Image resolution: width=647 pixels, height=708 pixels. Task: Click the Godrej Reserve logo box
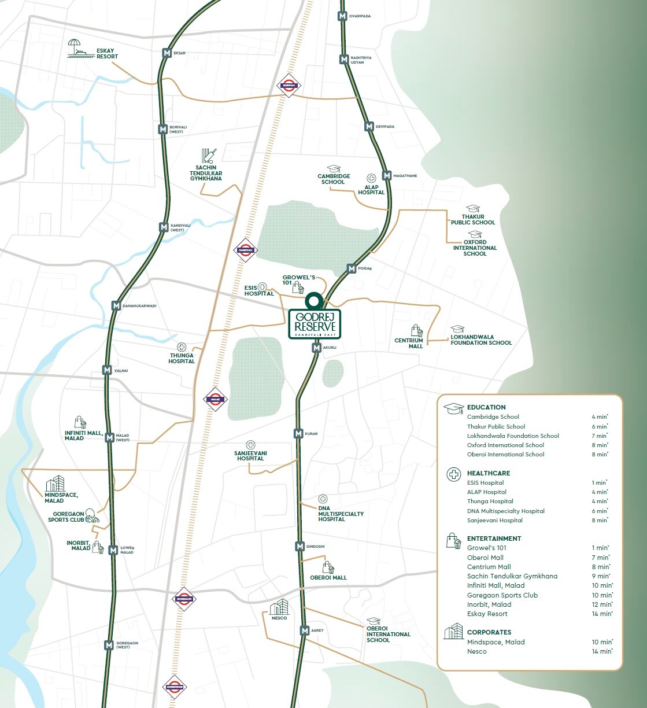coord(314,324)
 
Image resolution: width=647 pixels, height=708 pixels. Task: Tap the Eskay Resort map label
coord(108,53)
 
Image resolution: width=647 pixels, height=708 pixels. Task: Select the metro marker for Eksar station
coord(167,53)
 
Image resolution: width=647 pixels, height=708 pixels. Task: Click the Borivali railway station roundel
coord(289,85)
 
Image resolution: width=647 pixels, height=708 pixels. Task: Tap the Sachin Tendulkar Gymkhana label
coord(206,174)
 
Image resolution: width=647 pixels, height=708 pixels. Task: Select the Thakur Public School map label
coord(473,219)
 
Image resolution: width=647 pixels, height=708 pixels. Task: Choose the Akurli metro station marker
coord(316,348)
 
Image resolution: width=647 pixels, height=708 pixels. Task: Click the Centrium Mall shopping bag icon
coord(417,331)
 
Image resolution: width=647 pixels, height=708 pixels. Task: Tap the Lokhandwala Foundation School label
coord(481,340)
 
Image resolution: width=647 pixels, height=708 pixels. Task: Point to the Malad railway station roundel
coord(215,399)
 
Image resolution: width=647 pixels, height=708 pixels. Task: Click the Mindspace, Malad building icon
coord(55,484)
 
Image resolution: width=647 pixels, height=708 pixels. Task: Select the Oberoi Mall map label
coord(328,577)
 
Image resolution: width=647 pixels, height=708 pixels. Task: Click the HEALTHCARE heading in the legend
coord(489,473)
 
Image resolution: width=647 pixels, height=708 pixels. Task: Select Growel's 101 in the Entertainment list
coord(487,548)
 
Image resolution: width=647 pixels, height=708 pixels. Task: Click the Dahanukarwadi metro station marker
coord(116,306)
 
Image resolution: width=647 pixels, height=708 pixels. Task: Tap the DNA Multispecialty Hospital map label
coord(341,514)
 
